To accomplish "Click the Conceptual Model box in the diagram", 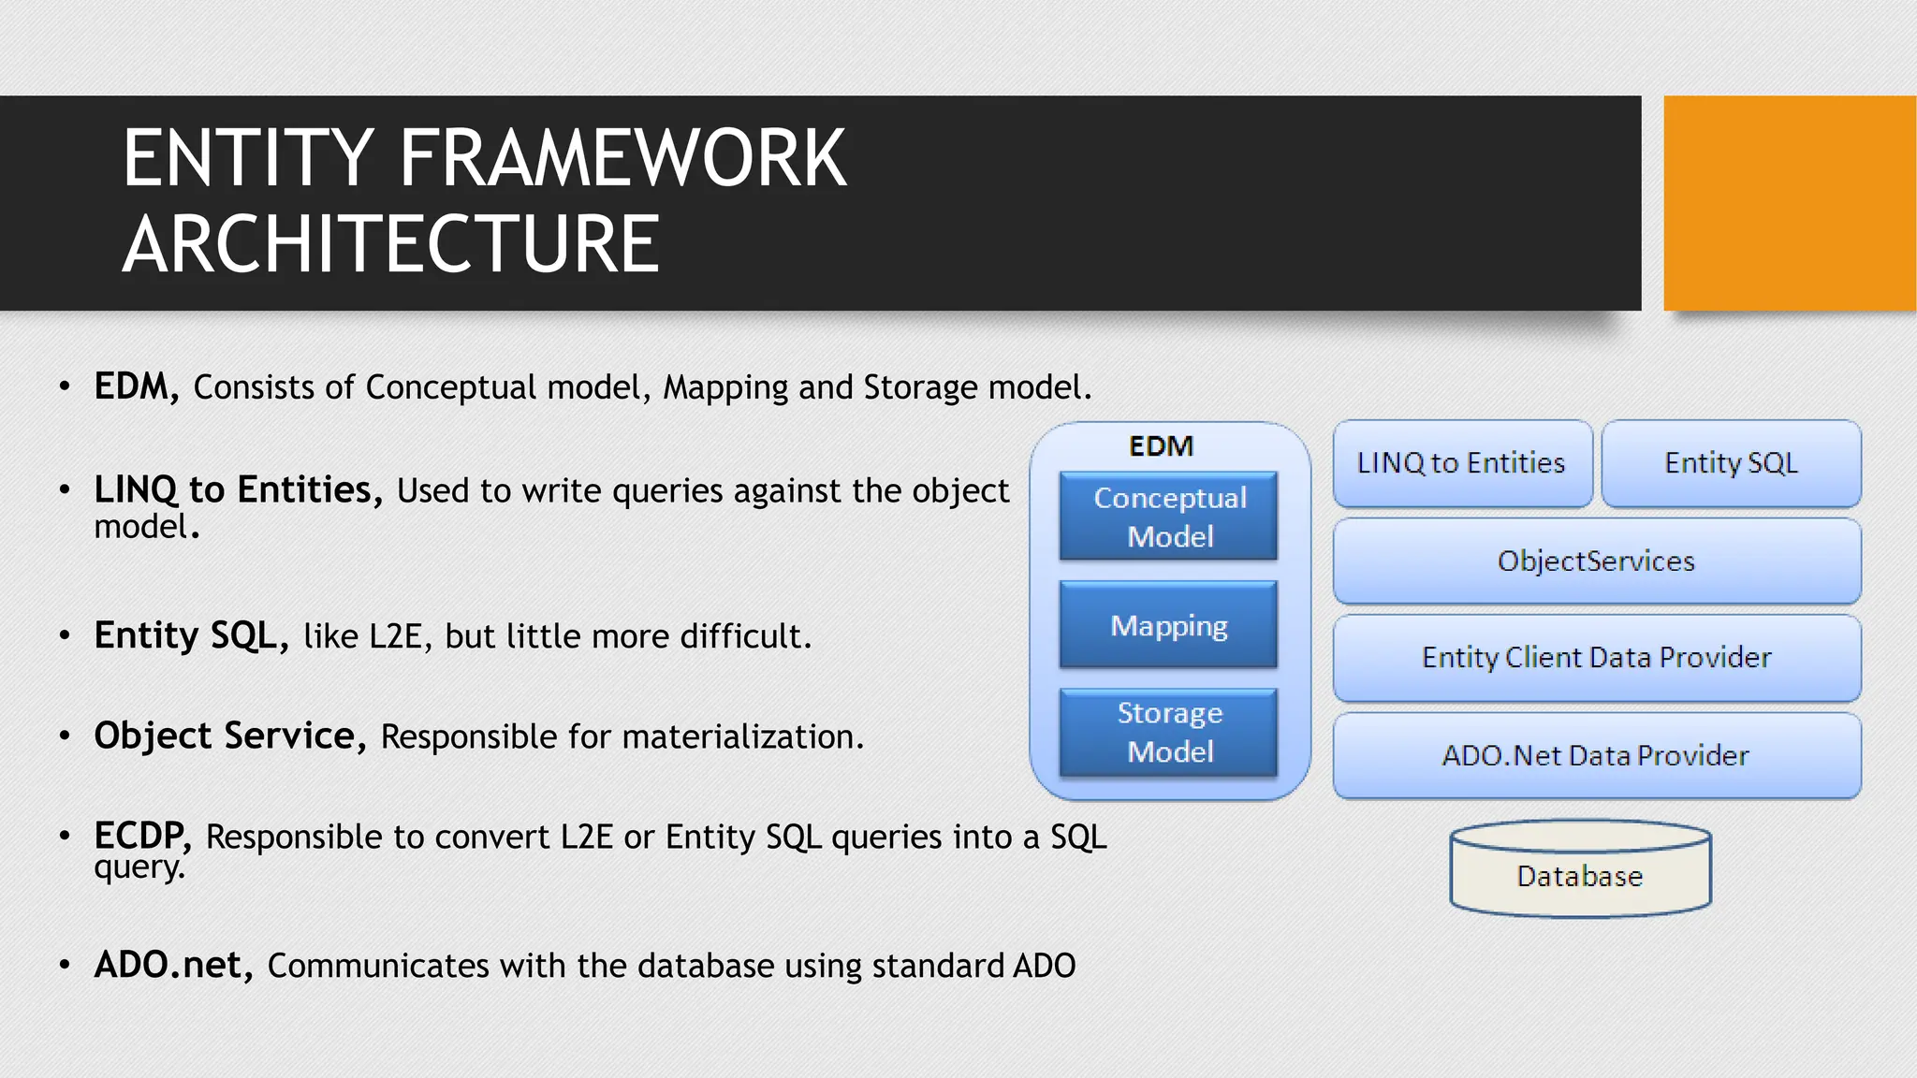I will pos(1168,516).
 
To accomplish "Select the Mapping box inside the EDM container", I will pos(1168,624).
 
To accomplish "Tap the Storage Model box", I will pos(1168,732).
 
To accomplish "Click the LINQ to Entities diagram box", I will pos(1461,463).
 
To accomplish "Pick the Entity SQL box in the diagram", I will pos(1731,463).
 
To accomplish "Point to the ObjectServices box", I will pos(1596,561).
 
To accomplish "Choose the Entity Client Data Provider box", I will pos(1596,658).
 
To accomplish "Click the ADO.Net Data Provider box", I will pos(1596,755).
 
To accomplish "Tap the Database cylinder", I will pos(1580,870).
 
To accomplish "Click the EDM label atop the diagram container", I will pos(1161,446).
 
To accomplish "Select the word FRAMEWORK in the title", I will pos(622,159).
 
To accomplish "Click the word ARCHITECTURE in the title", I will pos(391,245).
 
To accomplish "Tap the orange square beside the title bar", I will pos(1789,203).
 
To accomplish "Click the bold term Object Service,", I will pos(230,736).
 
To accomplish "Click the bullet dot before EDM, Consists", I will pos(65,386).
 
